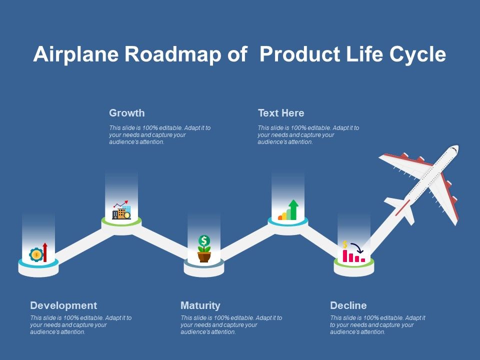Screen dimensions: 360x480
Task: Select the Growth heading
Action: coord(127,113)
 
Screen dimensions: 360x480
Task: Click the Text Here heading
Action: coord(281,113)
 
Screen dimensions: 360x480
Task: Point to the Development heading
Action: coord(63,305)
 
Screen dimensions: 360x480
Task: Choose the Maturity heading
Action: coord(200,305)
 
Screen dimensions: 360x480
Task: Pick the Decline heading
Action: coord(348,305)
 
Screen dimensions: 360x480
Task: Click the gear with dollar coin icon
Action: coord(36,254)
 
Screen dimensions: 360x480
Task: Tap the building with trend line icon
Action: coord(121,210)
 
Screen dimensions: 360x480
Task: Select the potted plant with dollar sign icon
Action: coord(204,248)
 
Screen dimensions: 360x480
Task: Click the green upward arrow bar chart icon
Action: coord(288,210)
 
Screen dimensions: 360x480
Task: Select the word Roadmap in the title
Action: coord(172,55)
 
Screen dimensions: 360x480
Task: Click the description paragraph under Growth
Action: coord(160,135)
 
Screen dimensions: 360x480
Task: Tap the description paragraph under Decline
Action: coord(377,325)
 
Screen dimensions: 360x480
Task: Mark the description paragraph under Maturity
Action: coord(231,325)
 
